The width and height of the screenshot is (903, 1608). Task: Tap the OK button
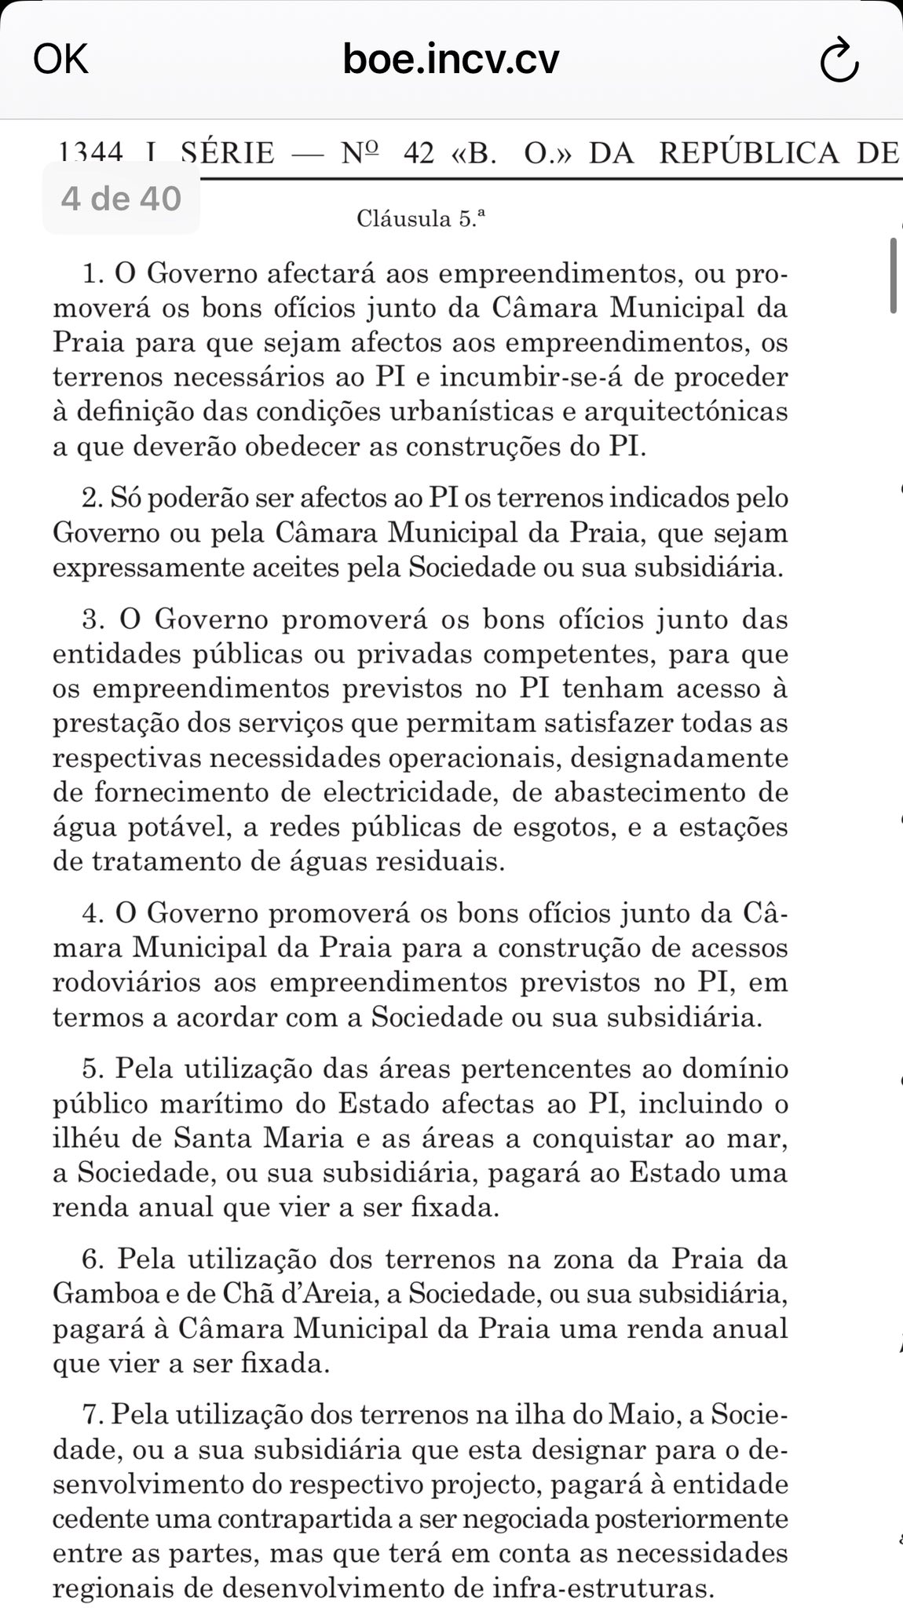click(60, 59)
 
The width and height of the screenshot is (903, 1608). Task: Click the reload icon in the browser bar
click(839, 60)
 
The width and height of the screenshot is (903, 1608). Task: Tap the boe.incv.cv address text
click(451, 59)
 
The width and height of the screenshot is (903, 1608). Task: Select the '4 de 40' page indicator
click(121, 199)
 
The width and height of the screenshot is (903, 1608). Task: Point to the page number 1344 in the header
click(91, 152)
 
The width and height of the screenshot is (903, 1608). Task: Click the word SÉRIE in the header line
click(227, 152)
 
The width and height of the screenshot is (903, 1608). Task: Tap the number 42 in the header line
click(418, 152)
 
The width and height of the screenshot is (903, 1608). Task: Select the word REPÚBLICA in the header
click(749, 152)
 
